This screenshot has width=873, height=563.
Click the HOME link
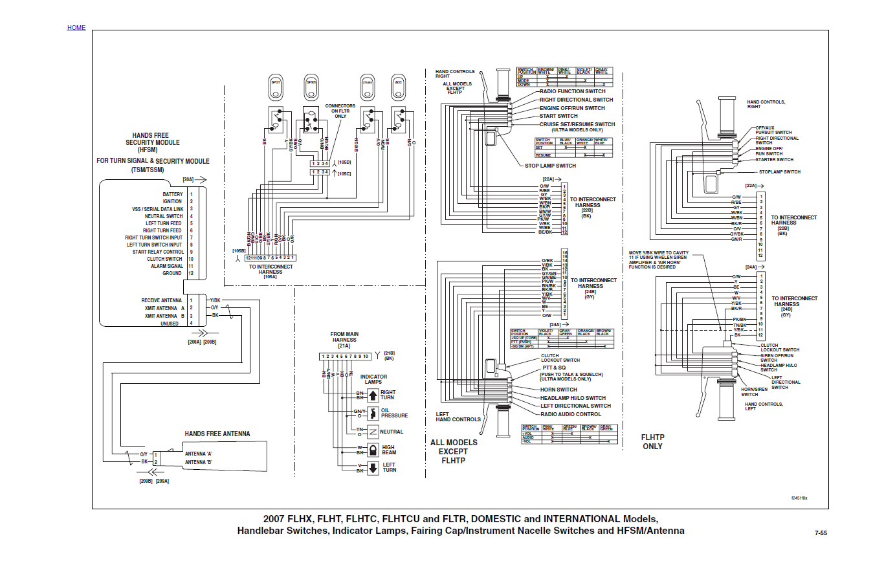[76, 28]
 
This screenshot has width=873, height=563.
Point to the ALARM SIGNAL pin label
[168, 266]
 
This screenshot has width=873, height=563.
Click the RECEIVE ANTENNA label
[162, 300]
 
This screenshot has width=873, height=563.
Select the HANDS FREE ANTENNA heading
[217, 434]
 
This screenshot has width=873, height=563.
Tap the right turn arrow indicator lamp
[373, 395]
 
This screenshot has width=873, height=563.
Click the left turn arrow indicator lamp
[373, 468]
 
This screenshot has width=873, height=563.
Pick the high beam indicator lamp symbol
[373, 450]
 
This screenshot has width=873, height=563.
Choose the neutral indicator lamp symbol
[373, 432]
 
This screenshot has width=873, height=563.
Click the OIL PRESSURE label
[394, 413]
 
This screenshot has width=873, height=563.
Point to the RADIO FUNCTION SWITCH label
[573, 91]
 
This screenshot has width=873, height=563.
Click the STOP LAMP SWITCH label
[550, 166]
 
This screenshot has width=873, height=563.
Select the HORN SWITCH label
[558, 390]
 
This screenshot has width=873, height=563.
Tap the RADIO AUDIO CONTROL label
[571, 414]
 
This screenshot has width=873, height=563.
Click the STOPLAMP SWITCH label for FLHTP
[779, 172]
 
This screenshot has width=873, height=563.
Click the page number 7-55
[821, 534]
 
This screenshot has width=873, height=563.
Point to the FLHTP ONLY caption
[652, 442]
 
